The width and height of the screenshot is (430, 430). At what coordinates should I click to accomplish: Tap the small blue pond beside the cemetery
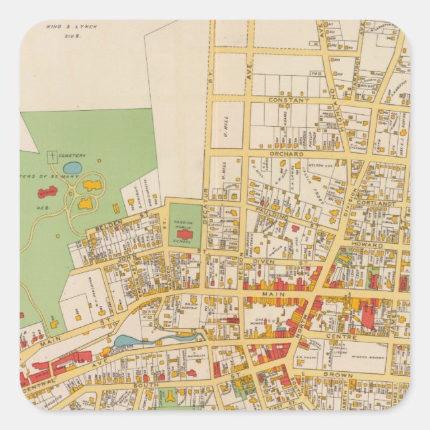click(73, 167)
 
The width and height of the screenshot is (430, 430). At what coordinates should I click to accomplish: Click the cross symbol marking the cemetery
click(51, 157)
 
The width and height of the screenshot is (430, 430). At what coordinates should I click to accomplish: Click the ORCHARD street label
click(286, 154)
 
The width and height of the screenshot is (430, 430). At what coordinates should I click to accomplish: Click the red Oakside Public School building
click(184, 234)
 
